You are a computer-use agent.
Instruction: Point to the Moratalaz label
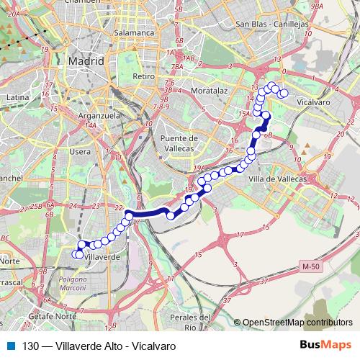pyautogui.click(x=210, y=91)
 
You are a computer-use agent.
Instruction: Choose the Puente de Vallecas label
pyautogui.click(x=179, y=143)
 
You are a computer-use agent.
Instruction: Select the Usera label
pyautogui.click(x=81, y=151)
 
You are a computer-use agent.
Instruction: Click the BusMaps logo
pyautogui.click(x=328, y=346)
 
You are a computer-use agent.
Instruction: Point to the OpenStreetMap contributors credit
pyautogui.click(x=297, y=323)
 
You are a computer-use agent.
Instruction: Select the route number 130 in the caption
pyautogui.click(x=30, y=346)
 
